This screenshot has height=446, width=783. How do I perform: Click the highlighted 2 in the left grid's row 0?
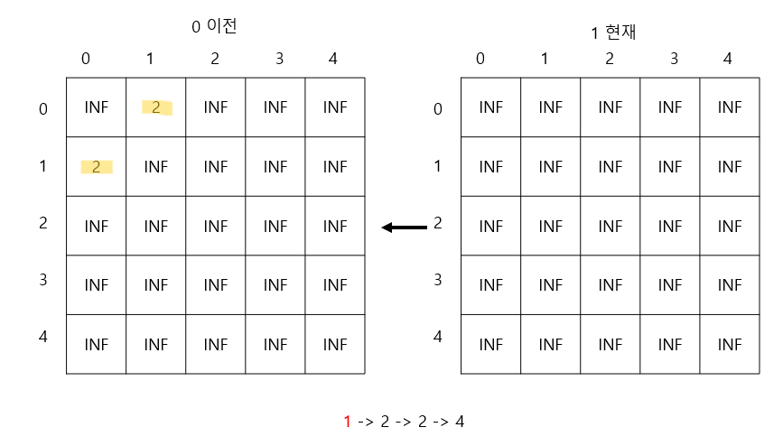point(156,107)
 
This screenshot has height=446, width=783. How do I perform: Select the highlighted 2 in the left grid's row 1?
point(96,166)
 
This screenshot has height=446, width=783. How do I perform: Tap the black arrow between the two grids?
point(404,228)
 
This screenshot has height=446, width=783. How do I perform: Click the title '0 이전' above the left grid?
point(214,26)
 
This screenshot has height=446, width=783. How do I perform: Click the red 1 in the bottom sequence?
point(347,421)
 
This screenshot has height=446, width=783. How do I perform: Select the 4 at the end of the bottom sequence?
point(460,421)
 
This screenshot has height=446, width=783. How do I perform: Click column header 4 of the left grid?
point(333,59)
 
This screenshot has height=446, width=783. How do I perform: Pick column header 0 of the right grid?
point(480,59)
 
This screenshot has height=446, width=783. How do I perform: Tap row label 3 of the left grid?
point(43,279)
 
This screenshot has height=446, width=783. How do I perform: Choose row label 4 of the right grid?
point(438,337)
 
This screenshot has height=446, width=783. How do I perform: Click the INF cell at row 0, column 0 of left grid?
point(96,107)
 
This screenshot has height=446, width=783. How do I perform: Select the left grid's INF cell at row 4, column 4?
point(335,344)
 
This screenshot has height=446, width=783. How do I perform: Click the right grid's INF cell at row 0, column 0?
point(490,107)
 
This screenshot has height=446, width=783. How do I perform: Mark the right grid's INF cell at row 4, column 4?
point(730,344)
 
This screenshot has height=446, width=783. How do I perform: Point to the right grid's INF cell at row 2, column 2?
point(611,226)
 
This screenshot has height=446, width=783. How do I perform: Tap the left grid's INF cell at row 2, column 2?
point(216,226)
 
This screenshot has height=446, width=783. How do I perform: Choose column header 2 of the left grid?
point(215,59)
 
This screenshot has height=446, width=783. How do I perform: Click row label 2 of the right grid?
point(438,222)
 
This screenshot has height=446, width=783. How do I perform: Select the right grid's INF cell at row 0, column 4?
point(730,107)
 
